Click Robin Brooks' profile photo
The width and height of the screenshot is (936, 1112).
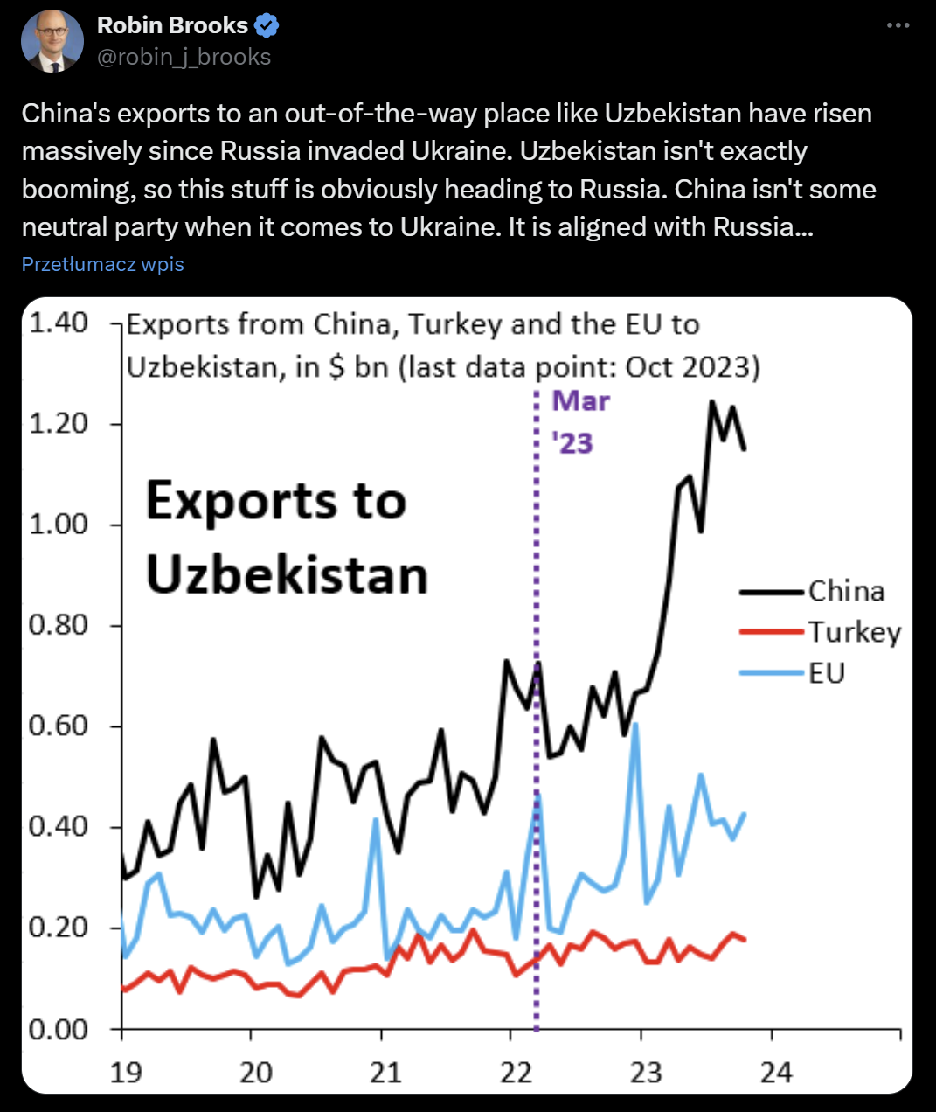coord(52,41)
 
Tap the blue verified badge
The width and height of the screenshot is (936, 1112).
coord(266,25)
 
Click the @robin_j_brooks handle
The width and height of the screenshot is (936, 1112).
coord(184,57)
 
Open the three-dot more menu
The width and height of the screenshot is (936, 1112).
coord(898,25)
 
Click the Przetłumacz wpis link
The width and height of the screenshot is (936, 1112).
coord(102,264)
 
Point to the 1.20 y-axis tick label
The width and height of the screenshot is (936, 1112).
coord(59,423)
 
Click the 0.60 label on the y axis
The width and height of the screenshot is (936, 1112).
coord(59,726)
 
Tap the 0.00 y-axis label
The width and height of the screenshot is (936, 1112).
coord(59,1029)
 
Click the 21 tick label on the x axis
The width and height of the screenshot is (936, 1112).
coord(385,1072)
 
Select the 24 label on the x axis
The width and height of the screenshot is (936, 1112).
coord(776,1072)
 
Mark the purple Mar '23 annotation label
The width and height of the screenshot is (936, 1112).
coord(579,422)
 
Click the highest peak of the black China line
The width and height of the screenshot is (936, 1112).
coord(712,402)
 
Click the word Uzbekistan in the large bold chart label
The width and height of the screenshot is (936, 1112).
coord(287,575)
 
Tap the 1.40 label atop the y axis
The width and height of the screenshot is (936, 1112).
coord(59,323)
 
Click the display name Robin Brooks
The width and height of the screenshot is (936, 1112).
coord(172,25)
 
